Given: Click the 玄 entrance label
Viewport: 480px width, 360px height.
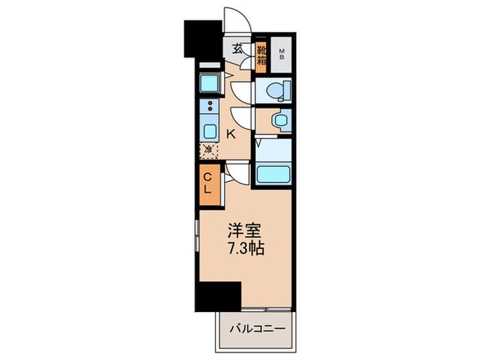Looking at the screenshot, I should point(237,49).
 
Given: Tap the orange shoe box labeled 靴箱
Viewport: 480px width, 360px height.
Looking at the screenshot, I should point(261,55).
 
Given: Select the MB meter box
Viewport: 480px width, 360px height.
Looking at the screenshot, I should point(281,54).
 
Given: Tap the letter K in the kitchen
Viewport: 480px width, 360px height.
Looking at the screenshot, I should point(231,134).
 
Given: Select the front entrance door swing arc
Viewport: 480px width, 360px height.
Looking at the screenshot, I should point(237,21).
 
